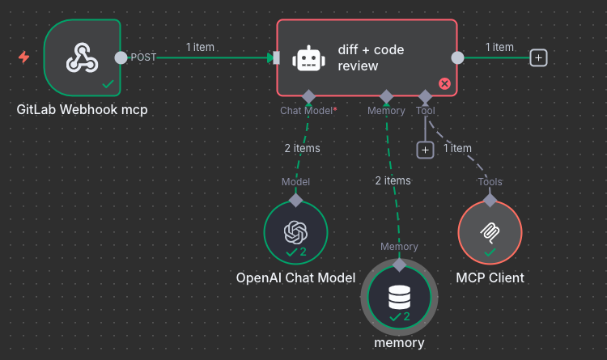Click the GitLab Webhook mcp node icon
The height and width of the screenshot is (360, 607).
tap(82, 56)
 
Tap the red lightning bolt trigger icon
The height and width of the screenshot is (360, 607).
tap(24, 57)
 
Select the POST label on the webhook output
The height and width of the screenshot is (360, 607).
tap(143, 57)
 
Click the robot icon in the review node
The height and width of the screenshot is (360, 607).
tap(308, 58)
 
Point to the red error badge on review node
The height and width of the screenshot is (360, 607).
tap(444, 83)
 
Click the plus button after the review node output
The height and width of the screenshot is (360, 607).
tap(539, 57)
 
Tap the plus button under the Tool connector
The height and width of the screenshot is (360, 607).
tap(425, 150)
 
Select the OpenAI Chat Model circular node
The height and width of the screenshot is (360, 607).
tap(295, 233)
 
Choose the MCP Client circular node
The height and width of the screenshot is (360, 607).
tap(490, 233)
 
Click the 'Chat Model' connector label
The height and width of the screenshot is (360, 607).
tap(307, 110)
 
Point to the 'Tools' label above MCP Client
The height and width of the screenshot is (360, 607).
tap(490, 181)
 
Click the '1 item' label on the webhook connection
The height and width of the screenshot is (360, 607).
tap(200, 47)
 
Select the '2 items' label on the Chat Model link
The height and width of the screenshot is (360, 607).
tap(302, 148)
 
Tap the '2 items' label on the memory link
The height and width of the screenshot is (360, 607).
tap(393, 180)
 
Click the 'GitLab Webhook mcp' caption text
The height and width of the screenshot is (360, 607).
tap(82, 109)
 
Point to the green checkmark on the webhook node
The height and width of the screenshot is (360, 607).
tap(108, 83)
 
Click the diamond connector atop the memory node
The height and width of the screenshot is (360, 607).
tap(399, 264)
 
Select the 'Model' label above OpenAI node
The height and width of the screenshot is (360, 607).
tap(295, 182)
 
